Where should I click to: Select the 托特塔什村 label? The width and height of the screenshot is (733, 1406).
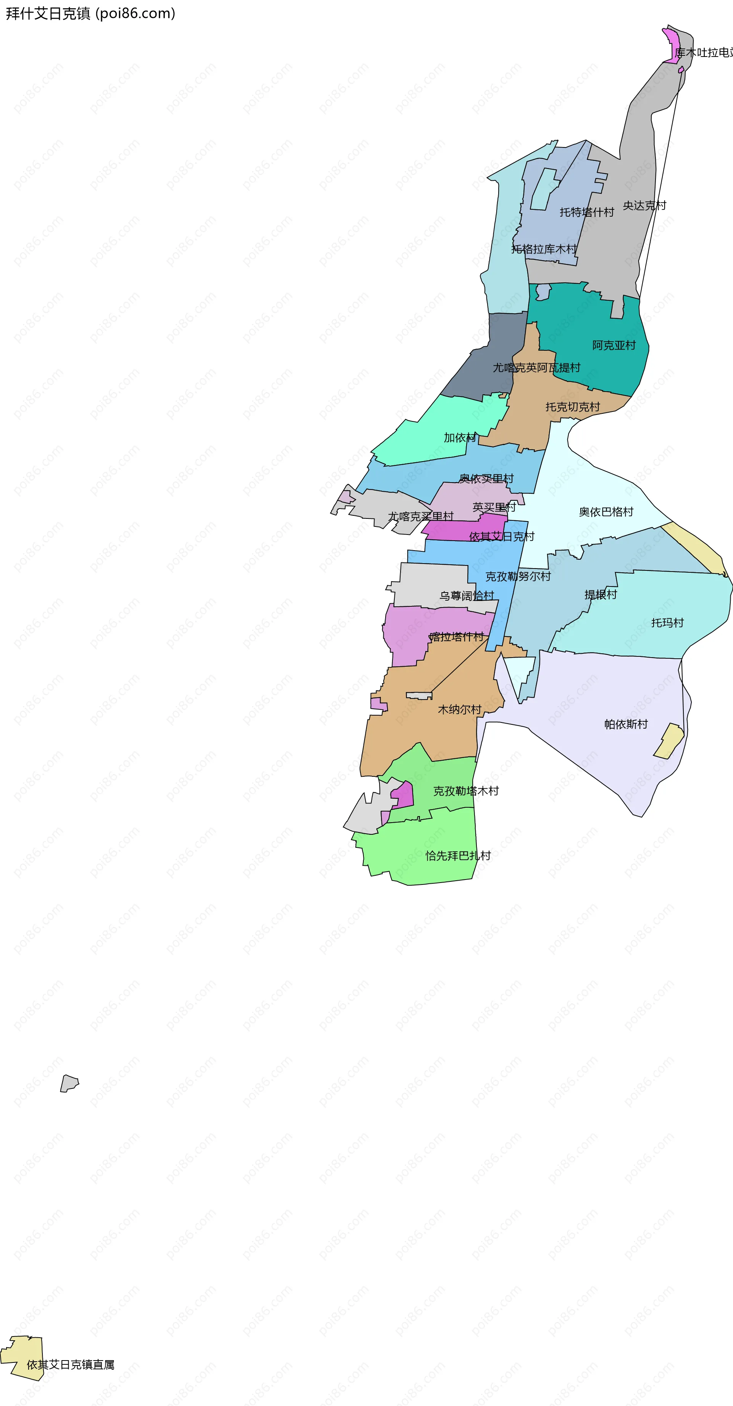586,212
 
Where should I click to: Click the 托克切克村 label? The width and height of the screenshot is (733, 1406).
572,407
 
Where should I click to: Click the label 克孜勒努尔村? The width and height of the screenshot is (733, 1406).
518,576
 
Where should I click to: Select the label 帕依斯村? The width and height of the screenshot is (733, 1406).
626,724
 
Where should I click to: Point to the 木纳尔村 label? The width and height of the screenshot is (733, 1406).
459,709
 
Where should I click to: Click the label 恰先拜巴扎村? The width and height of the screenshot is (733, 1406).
458,855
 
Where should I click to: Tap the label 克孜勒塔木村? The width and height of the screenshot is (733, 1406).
466,790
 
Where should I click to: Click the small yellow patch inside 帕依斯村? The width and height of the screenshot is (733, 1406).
668,741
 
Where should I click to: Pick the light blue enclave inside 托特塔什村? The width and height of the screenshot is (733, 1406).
544,188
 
